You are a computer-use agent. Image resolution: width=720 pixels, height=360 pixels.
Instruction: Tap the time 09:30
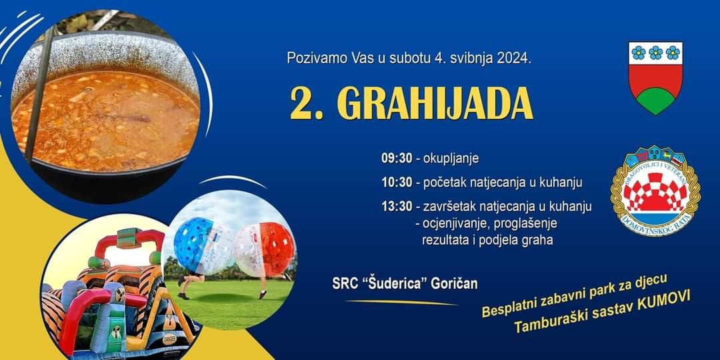tap(397, 159)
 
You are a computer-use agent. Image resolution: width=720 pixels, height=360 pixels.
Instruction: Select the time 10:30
tap(397, 182)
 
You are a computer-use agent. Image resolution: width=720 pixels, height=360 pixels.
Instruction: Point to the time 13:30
tap(397, 207)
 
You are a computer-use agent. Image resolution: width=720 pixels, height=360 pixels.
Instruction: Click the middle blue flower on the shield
tap(655, 53)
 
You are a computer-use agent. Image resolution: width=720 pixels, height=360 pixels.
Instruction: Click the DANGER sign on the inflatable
tap(169, 341)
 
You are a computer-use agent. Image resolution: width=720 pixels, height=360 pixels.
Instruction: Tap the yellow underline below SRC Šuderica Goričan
tap(401, 303)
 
